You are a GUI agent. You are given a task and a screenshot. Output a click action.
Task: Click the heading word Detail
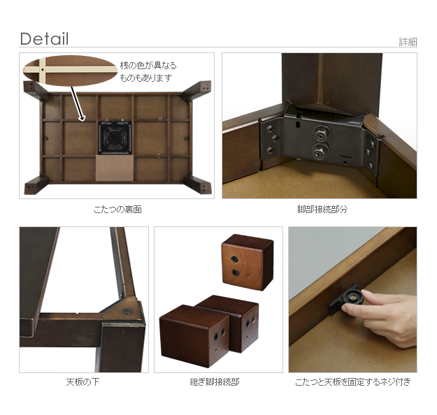tap(44, 39)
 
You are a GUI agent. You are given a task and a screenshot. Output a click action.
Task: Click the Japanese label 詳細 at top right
tap(408, 42)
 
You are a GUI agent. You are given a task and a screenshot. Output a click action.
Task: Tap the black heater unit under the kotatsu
tap(115, 138)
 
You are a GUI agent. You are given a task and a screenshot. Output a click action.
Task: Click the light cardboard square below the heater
tap(114, 168)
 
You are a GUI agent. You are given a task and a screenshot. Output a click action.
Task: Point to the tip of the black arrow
tap(83, 121)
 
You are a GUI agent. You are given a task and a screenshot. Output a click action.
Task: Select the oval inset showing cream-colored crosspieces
tap(70, 71)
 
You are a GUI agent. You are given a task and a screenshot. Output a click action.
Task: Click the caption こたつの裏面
tap(118, 210)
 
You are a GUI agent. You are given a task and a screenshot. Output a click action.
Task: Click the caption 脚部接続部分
tap(322, 210)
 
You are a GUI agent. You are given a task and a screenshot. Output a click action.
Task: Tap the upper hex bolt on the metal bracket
tap(322, 133)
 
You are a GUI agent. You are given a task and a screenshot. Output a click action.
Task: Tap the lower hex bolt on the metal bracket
tap(320, 152)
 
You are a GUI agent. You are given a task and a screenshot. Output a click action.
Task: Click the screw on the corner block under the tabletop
tap(127, 312)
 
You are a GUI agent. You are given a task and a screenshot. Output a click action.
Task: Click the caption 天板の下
tap(83, 382)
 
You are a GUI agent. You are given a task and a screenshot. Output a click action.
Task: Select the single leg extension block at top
tap(248, 262)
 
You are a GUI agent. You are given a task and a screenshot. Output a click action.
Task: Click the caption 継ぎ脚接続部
tap(215, 382)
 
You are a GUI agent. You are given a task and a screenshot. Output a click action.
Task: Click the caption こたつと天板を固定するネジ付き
tap(353, 382)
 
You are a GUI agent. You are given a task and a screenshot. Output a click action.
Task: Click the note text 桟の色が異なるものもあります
tap(148, 71)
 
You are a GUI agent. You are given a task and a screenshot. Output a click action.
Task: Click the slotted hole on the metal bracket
tap(298, 124)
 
